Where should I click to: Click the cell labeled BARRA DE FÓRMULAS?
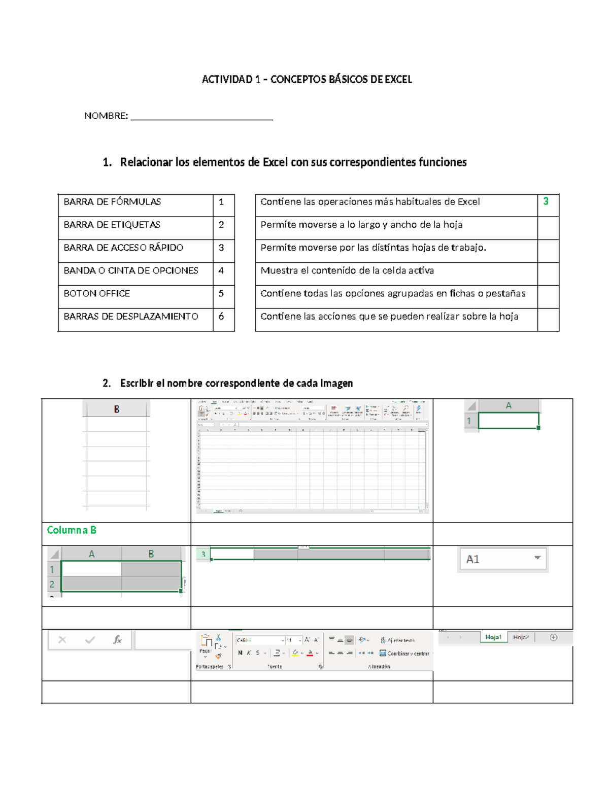point(112,202)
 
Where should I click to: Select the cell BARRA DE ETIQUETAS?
point(112,225)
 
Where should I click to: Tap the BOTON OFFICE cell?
point(96,294)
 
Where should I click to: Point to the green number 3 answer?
point(546,201)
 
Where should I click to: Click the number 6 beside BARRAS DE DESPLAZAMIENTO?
point(221,317)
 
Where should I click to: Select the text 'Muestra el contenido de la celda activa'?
point(347,271)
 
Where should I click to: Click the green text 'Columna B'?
point(72,530)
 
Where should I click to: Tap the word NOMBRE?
point(106,116)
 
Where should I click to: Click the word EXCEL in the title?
point(398,80)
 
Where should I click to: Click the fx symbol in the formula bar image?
point(117,640)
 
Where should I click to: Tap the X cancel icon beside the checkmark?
point(62,640)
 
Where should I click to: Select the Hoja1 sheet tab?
point(493,637)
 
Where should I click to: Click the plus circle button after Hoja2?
point(554,637)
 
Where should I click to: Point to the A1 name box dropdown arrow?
point(537,558)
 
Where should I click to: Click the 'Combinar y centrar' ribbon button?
point(404,654)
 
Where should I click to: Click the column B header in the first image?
point(117,409)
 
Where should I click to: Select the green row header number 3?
point(203,554)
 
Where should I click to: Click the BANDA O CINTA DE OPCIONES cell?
point(130,271)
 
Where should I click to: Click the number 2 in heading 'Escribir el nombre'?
point(106,384)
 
